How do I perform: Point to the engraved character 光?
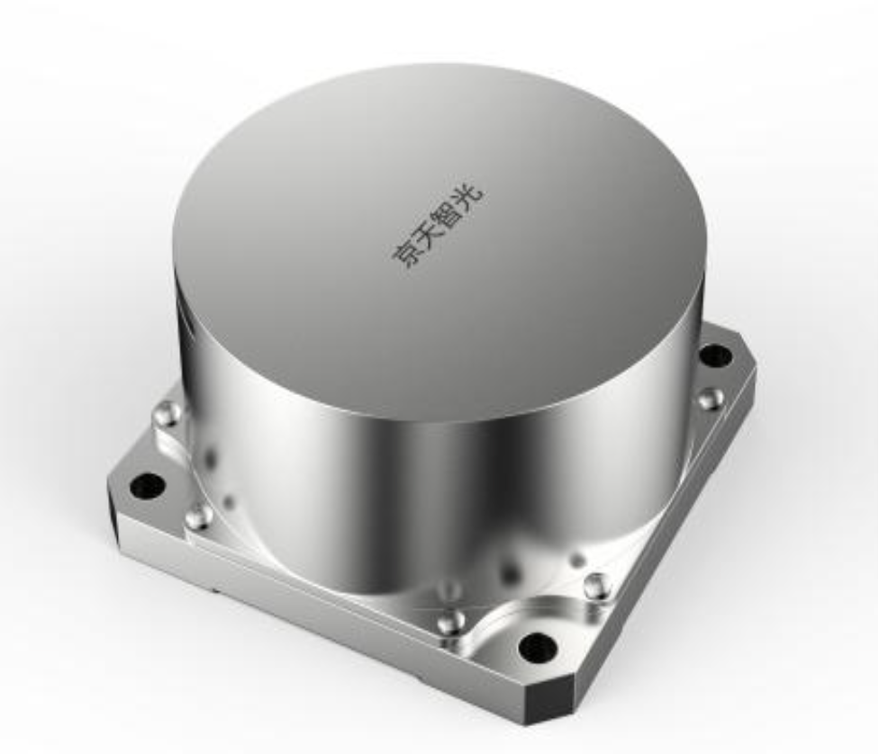[x=468, y=193]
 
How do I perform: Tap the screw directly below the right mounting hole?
[x=711, y=397]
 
